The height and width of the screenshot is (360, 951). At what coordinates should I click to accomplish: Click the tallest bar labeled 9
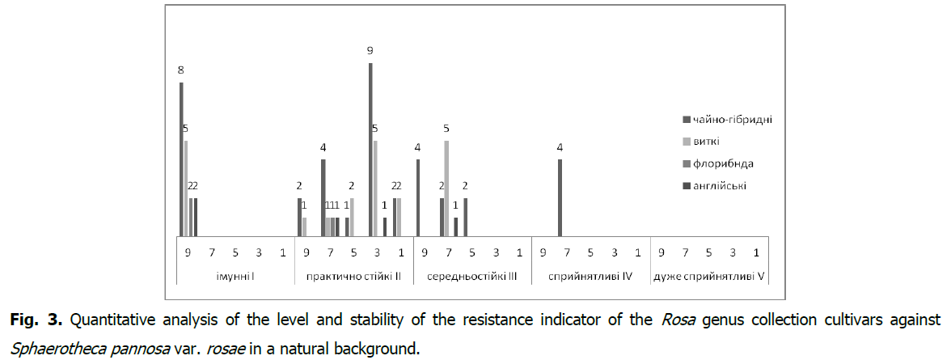pos(370,150)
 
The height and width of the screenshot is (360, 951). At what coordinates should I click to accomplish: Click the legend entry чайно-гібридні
pos(729,120)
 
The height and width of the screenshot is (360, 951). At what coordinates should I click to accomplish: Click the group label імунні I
pos(235,277)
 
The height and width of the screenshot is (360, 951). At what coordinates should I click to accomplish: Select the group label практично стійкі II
pos(353,277)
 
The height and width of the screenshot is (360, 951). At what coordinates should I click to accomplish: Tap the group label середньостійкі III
pos(471,277)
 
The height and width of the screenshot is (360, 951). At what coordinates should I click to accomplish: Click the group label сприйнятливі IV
pos(590,277)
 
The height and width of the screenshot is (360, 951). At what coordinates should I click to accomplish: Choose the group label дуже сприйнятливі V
pos(708,277)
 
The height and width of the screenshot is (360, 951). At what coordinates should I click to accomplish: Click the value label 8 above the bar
pos(181,70)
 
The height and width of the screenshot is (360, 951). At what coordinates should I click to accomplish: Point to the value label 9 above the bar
pos(370,50)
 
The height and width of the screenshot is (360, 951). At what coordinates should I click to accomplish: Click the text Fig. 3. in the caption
pos(36,321)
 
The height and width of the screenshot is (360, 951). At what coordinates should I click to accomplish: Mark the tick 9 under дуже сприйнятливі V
pos(661,252)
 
